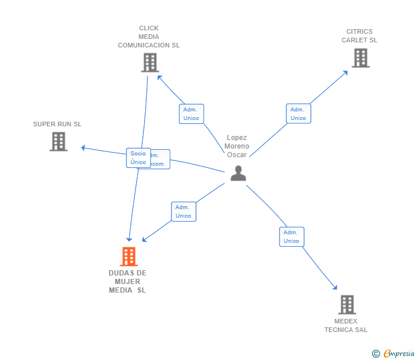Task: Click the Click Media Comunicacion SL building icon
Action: [x=150, y=63]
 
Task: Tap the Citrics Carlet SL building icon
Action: [x=360, y=58]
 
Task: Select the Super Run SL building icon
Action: [x=58, y=141]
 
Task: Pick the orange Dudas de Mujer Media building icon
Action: [x=129, y=257]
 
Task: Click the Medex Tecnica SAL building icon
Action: [x=346, y=305]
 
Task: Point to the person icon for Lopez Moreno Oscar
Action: [x=238, y=173]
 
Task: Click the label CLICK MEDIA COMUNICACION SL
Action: [x=149, y=37]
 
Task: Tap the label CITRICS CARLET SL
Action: [x=359, y=36]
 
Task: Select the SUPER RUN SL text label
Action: [x=57, y=124]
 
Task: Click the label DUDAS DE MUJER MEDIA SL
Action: [x=127, y=281]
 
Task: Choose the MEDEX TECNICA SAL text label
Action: [x=346, y=325]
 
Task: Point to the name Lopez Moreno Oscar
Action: [x=237, y=146]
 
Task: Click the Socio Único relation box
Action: [x=138, y=158]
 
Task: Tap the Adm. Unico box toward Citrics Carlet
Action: [x=298, y=114]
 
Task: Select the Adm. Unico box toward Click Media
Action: [x=191, y=114]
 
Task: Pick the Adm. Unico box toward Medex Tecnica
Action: [x=291, y=237]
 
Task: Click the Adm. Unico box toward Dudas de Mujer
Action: [x=183, y=211]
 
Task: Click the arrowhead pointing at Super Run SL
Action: [x=83, y=148]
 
